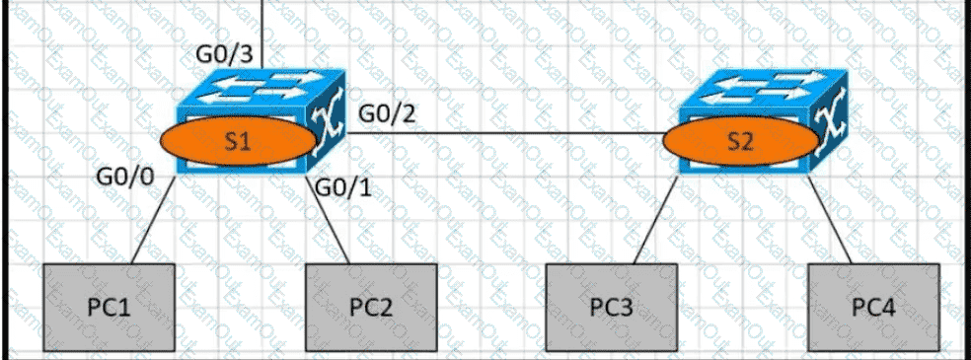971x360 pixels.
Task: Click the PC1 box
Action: coord(109,308)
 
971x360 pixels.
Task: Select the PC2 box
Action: coord(372,308)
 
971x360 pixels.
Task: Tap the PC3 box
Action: coord(611,308)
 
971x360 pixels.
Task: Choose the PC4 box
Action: coord(873,308)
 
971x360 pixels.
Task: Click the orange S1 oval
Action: coord(239,142)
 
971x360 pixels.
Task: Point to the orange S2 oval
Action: coord(741,142)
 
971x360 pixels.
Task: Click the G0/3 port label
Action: coord(225,55)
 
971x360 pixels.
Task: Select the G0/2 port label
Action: coord(388,114)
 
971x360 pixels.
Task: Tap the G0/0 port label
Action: coord(125,177)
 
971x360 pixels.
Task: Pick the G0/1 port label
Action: coord(343,186)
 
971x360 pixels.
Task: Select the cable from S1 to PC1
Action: coord(154,220)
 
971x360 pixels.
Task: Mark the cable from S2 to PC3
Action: coord(655,220)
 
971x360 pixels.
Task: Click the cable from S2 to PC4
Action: coord(829,220)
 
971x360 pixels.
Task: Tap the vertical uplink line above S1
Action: coord(263,34)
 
